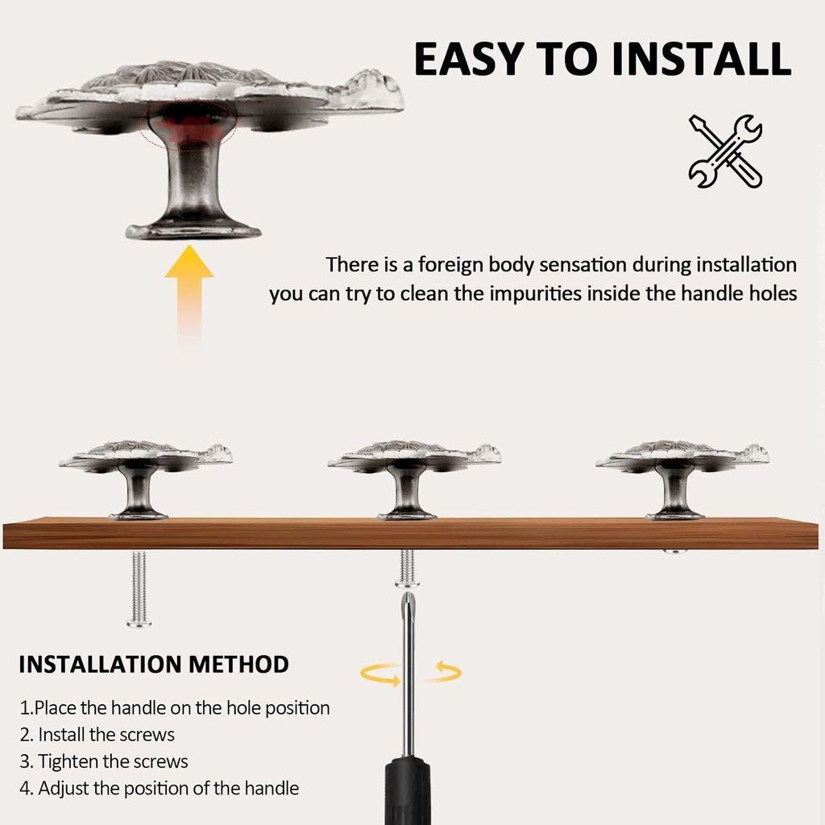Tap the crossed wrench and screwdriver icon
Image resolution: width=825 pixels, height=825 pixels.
pos(726,151)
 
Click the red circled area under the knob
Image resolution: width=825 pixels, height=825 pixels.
pos(188,125)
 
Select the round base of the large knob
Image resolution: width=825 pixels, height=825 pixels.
pos(193,230)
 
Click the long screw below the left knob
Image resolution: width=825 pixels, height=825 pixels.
pos(139,589)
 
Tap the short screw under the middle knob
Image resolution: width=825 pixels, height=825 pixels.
pos(407,568)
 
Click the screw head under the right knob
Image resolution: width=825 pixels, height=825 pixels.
pos(675,551)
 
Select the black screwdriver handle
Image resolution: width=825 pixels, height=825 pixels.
pos(408,790)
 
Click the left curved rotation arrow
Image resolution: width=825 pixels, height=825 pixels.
pos(381,674)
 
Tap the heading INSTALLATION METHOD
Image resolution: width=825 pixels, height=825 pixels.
pos(154,665)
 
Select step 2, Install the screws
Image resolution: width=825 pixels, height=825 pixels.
pos(97,735)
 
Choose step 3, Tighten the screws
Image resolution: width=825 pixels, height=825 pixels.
pos(104,761)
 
